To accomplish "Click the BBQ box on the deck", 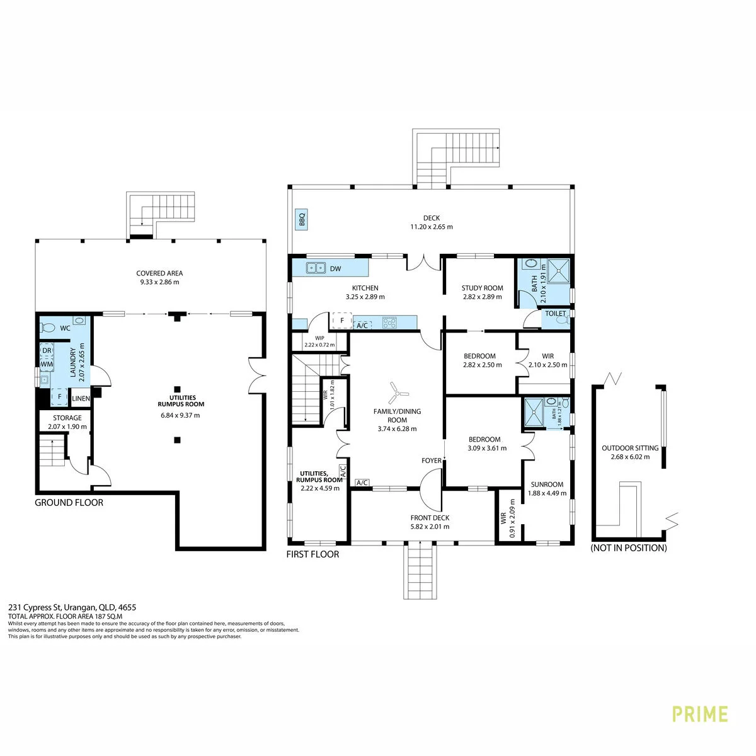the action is click(x=302, y=219).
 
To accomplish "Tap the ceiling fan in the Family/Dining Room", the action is click(x=398, y=392).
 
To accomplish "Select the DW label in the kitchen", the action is click(x=335, y=269).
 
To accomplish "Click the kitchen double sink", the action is click(x=316, y=268).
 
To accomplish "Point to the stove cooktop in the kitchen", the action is click(x=389, y=323).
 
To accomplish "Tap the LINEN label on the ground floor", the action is click(x=81, y=398).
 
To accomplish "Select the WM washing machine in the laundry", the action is click(x=47, y=364).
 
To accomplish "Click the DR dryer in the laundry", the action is click(x=47, y=350).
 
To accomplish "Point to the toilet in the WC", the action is click(x=48, y=327).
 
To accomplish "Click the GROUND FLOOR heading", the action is click(x=69, y=503).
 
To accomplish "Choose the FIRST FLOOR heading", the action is click(x=312, y=554).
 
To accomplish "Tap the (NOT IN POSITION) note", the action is click(x=629, y=548).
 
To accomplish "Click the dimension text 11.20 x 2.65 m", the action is click(x=432, y=227).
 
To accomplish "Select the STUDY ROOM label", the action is click(x=482, y=288).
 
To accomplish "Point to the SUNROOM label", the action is click(x=547, y=484).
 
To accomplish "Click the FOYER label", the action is click(x=432, y=461).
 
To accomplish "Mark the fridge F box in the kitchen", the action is click(x=341, y=321).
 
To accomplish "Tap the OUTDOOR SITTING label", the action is click(x=630, y=448).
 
